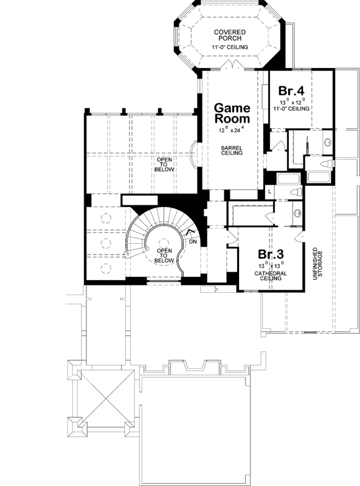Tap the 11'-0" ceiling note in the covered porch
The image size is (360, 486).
pos(229,47)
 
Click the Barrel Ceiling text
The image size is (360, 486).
pos(232,150)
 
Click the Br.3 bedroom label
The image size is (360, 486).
pos(271,254)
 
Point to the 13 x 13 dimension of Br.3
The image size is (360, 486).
pos(271,265)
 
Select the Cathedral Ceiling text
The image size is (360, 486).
pos(271,276)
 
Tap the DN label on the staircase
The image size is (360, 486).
pos(193,241)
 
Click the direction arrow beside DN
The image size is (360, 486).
pos(190,232)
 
